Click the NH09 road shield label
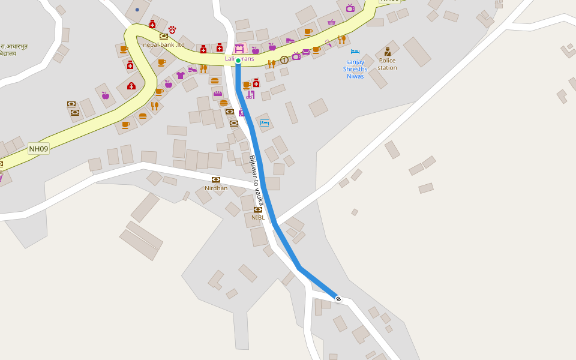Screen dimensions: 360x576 pos(38,148)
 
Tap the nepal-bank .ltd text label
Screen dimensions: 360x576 pos(164,44)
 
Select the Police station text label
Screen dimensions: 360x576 pos(387,64)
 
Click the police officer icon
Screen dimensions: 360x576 pos(388,52)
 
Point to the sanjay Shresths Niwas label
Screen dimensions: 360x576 pos(355,69)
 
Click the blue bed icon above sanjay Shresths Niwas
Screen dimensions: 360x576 pos(355,52)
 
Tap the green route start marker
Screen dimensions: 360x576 pos(238,61)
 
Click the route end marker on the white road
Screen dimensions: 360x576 pos(338,299)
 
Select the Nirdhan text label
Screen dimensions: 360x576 pos(216,188)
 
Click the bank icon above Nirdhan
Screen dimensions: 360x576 pos(216,179)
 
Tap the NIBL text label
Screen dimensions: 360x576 pos(258,217)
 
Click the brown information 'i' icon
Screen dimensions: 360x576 pos(284,59)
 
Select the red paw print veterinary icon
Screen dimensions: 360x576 pos(172,29)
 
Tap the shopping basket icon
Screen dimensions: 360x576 pos(331,23)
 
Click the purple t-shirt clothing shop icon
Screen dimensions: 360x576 pos(181,76)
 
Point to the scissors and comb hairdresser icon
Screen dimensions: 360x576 pos(250,95)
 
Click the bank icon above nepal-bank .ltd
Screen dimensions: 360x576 pos(164,36)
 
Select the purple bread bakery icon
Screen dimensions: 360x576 pos(218,94)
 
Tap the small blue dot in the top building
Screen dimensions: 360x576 pos(137,10)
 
